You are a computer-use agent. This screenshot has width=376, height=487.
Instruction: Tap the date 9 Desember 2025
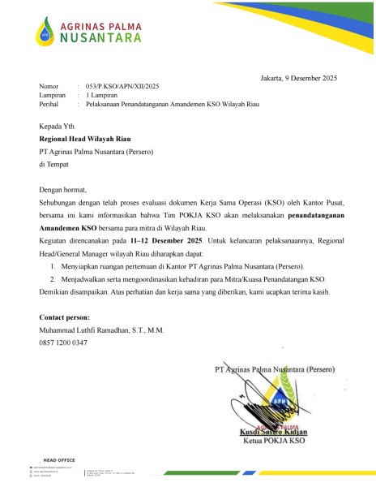pos(310,77)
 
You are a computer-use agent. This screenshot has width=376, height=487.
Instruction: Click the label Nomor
pos(49,86)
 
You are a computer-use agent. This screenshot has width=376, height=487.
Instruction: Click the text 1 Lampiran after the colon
pos(103,95)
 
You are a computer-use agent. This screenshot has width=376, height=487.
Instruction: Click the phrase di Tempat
pos(56,164)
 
